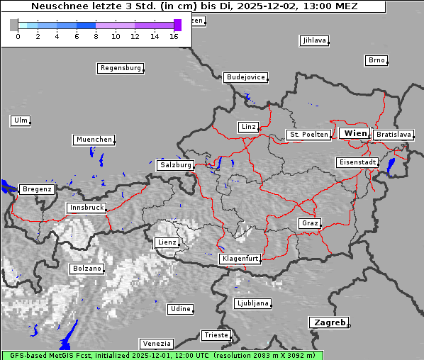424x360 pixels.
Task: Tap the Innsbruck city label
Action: point(86,208)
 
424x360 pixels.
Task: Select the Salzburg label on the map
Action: point(175,165)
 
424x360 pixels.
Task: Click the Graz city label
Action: point(309,223)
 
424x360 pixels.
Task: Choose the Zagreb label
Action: point(328,322)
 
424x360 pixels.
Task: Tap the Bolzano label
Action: point(87,269)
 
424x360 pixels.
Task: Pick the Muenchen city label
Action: point(94,140)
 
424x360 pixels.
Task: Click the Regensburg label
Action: point(120,68)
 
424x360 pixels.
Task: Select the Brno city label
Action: point(376,60)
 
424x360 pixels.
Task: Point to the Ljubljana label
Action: point(253,303)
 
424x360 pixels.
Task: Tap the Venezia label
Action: point(155,344)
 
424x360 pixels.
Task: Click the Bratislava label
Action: point(394,134)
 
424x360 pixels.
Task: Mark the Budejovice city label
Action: point(245,77)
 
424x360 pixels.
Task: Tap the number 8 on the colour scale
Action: point(96,36)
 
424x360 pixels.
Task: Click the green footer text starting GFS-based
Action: point(162,355)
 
